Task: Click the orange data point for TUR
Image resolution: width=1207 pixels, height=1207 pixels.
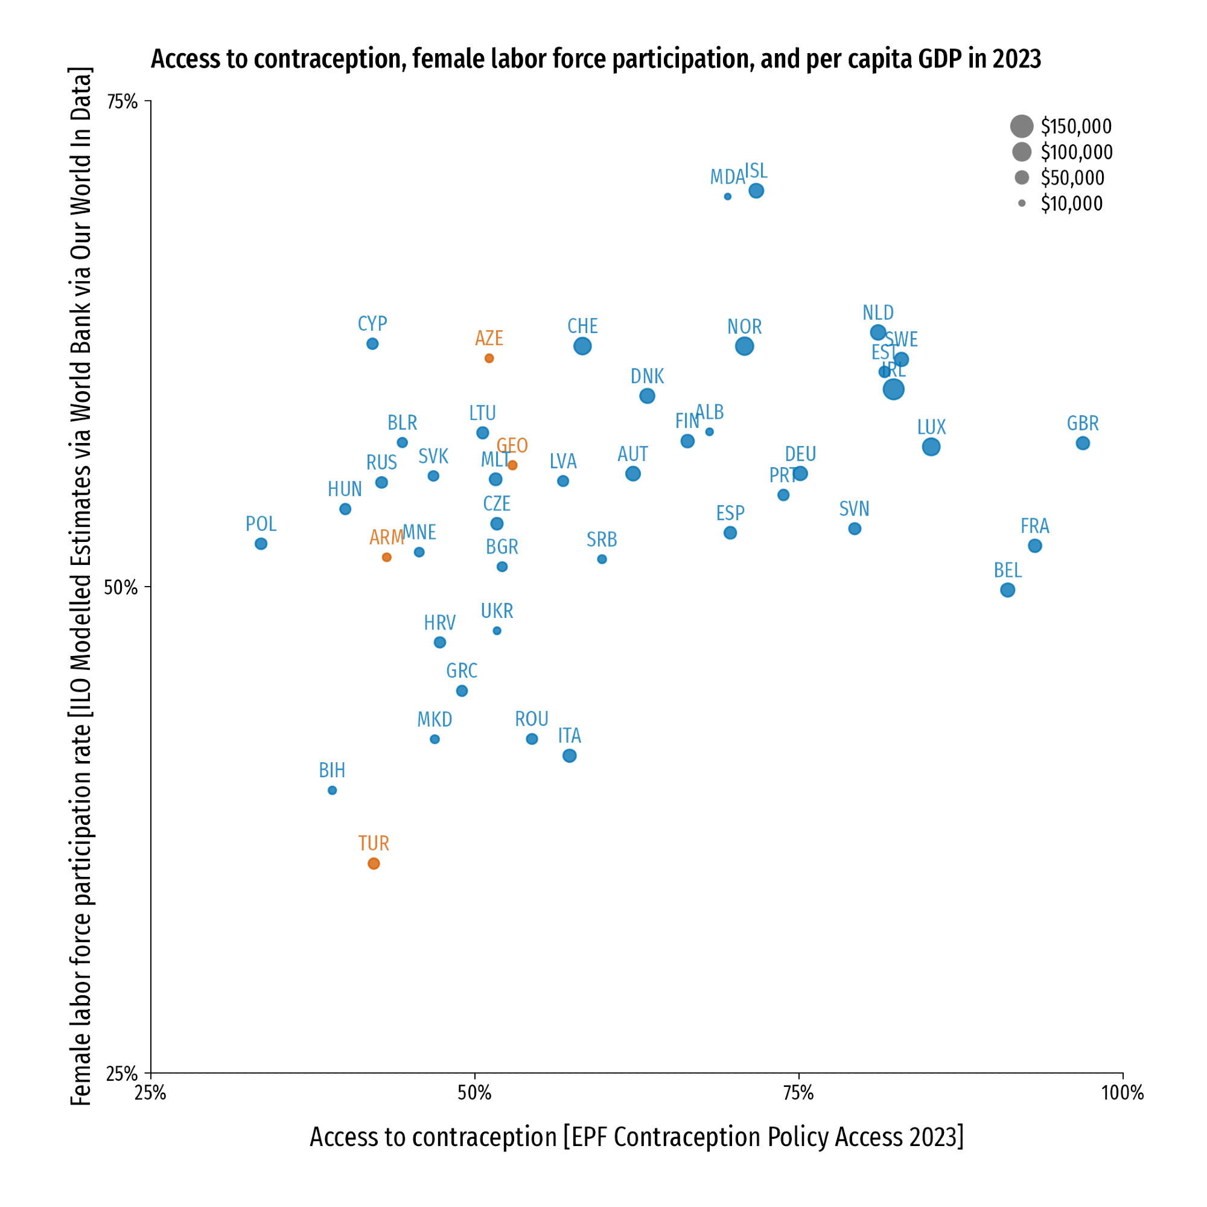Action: (x=374, y=864)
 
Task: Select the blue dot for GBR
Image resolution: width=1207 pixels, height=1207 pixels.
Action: (x=1083, y=443)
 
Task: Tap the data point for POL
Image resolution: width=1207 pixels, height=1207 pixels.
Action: (x=261, y=544)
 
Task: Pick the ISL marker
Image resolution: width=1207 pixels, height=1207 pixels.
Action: (x=756, y=191)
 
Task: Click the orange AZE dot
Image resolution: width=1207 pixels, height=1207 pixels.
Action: (x=489, y=358)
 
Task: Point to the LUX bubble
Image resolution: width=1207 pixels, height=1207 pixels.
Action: (x=931, y=447)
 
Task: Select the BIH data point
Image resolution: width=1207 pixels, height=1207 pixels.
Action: (x=333, y=791)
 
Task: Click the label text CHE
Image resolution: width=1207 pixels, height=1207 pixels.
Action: (x=582, y=326)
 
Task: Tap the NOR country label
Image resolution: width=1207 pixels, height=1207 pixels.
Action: (x=744, y=326)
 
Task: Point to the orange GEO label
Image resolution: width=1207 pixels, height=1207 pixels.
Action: (x=512, y=445)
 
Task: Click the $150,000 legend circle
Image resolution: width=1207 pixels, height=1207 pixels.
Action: (x=1022, y=126)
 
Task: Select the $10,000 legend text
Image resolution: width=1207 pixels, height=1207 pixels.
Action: (x=1071, y=203)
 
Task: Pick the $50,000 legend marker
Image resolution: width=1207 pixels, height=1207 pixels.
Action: (x=1022, y=177)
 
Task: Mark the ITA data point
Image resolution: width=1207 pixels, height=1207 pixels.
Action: (x=569, y=756)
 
